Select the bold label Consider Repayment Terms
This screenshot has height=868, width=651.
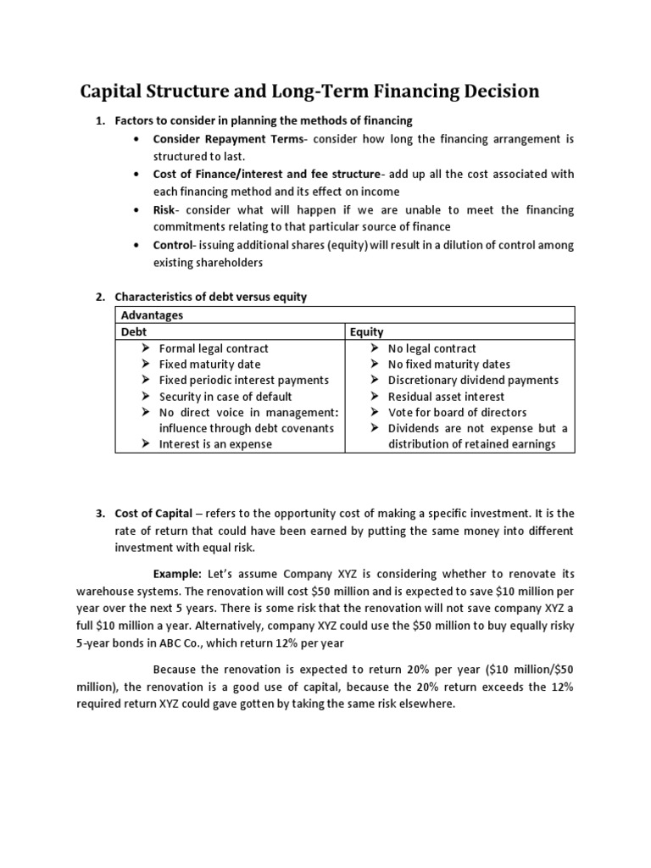[222, 138]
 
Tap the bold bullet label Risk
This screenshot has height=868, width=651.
[164, 209]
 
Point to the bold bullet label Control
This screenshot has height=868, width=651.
[173, 245]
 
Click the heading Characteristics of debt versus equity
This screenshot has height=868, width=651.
[210, 297]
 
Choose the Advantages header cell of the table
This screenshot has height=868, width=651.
[152, 315]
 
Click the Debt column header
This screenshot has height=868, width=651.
[134, 332]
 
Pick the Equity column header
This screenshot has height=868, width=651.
[366, 332]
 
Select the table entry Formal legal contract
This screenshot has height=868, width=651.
[214, 348]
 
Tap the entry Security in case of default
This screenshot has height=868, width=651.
[225, 396]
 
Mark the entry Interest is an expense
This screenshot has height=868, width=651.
[215, 444]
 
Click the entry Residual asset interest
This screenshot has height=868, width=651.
[446, 396]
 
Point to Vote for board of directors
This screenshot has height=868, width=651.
[457, 412]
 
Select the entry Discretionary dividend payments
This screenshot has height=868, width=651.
[473, 380]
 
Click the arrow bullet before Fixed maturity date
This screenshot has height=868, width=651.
[146, 364]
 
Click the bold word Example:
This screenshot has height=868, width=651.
[177, 574]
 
